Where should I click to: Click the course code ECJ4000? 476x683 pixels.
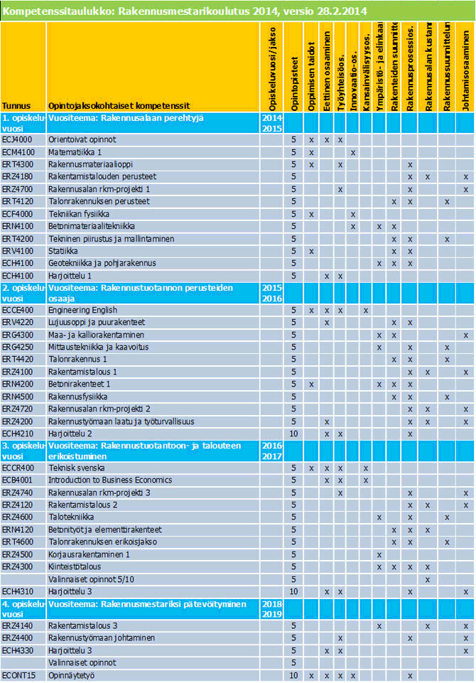pyautogui.click(x=18, y=140)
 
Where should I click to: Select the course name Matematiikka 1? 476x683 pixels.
pyautogui.click(x=75, y=152)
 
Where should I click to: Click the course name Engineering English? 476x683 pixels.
pyautogui.click(x=82, y=310)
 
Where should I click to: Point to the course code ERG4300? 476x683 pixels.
pyautogui.click(x=18, y=335)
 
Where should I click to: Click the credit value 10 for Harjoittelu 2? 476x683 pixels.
pyautogui.click(x=294, y=433)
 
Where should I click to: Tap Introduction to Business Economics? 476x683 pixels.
pyautogui.click(x=106, y=480)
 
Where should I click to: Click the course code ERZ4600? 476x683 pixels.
pyautogui.click(x=18, y=517)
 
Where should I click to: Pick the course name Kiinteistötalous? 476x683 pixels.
pyautogui.click(x=75, y=566)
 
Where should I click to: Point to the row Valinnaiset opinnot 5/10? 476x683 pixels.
pyautogui.click(x=90, y=579)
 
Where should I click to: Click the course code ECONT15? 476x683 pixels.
pyautogui.click(x=18, y=675)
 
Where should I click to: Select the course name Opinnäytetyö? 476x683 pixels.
pyautogui.click(x=72, y=675)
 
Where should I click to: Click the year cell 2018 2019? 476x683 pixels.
pyautogui.click(x=271, y=608)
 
